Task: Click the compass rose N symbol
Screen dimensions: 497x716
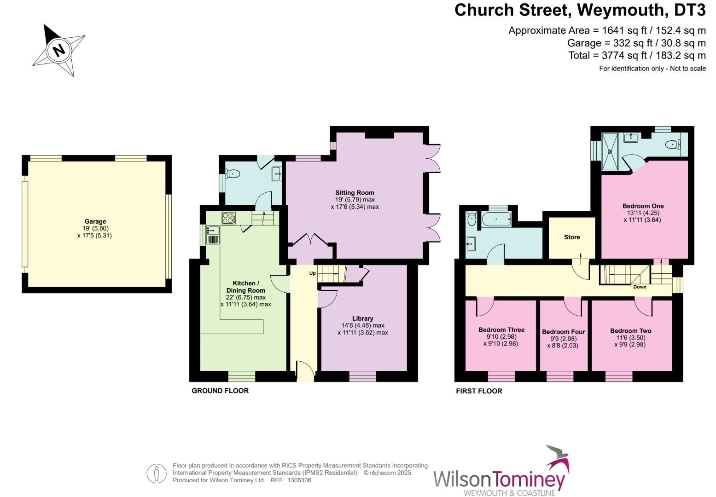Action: click(59, 50)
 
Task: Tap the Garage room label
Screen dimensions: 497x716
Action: click(95, 221)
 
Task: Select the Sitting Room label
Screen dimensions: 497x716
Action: click(355, 193)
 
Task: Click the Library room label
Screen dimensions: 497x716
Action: click(362, 318)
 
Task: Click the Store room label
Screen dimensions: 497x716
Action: click(572, 237)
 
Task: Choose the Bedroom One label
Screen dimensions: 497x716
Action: click(643, 206)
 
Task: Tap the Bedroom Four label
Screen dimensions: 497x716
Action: click(564, 332)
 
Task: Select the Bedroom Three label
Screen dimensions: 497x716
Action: click(501, 330)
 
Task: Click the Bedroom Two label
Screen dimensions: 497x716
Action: click(630, 331)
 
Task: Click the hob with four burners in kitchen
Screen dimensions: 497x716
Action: click(229, 218)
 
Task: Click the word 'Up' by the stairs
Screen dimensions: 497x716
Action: click(313, 273)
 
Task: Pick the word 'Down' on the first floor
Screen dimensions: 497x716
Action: click(640, 287)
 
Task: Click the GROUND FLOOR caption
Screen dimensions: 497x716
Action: click(220, 391)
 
